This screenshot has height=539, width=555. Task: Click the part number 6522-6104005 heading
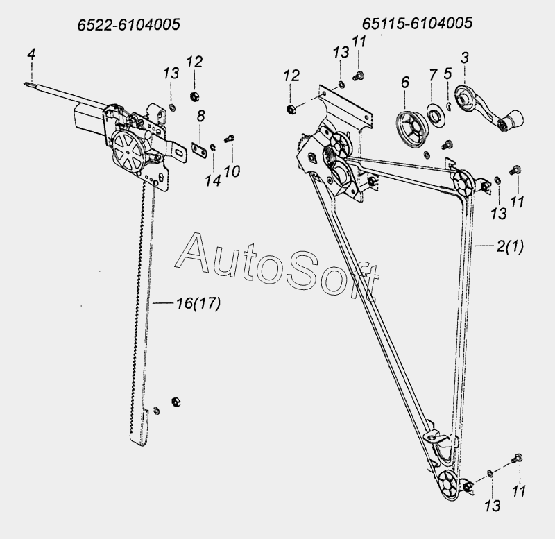pos(128,25)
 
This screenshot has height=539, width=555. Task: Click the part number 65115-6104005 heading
pos(417,24)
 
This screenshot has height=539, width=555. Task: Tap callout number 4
pos(31,55)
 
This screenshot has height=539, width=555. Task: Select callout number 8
pos(200,116)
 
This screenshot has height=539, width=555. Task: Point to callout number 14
pos(213,181)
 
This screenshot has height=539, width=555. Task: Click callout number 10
pos(232,171)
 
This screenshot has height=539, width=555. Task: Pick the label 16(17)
pos(198,303)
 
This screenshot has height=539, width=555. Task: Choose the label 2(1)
pos(510,246)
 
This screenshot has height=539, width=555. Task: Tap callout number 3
pos(465,58)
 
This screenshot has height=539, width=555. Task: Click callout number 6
pos(405,82)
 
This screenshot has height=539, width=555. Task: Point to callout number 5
pos(447,74)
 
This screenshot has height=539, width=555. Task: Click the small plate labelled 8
pos(198,148)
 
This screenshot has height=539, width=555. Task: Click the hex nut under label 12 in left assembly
pos(194,96)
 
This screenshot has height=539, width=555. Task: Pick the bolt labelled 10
pos(230,139)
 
